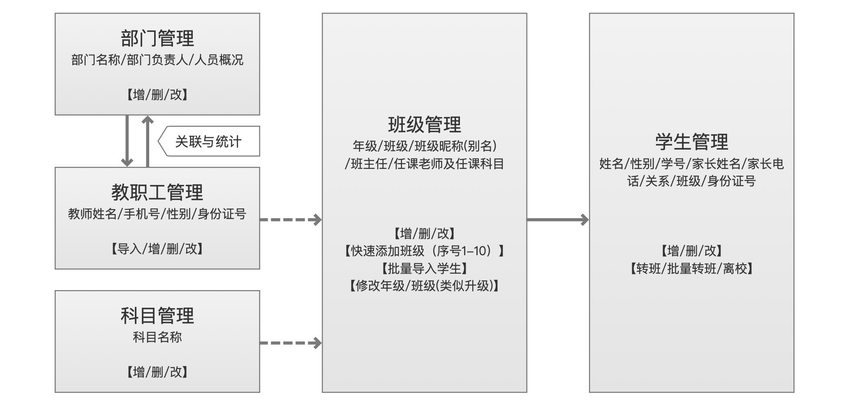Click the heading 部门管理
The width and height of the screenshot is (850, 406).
pos(157,38)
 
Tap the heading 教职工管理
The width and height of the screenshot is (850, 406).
pos(157,192)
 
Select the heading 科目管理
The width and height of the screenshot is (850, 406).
pos(157,316)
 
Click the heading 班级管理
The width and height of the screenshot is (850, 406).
pos(424,125)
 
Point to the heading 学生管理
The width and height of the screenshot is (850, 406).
pos(691,142)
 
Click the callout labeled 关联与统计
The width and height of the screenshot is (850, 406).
pos(208,141)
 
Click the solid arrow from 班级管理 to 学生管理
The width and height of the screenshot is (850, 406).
pos(558,219)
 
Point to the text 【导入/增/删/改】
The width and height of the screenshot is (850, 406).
pos(157,249)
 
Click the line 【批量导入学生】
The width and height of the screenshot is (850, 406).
pos(424,268)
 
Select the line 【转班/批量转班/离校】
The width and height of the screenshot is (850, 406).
pos(691,268)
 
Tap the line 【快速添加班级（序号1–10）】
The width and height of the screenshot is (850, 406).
pos(424,251)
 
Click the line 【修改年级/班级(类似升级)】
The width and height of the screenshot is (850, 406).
pos(424,286)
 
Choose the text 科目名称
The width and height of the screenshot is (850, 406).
pos(157,337)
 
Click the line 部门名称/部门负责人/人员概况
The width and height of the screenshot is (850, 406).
pos(157,60)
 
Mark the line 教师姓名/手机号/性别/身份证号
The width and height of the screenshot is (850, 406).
pos(157,214)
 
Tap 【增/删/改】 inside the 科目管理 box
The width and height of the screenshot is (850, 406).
pos(157,372)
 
